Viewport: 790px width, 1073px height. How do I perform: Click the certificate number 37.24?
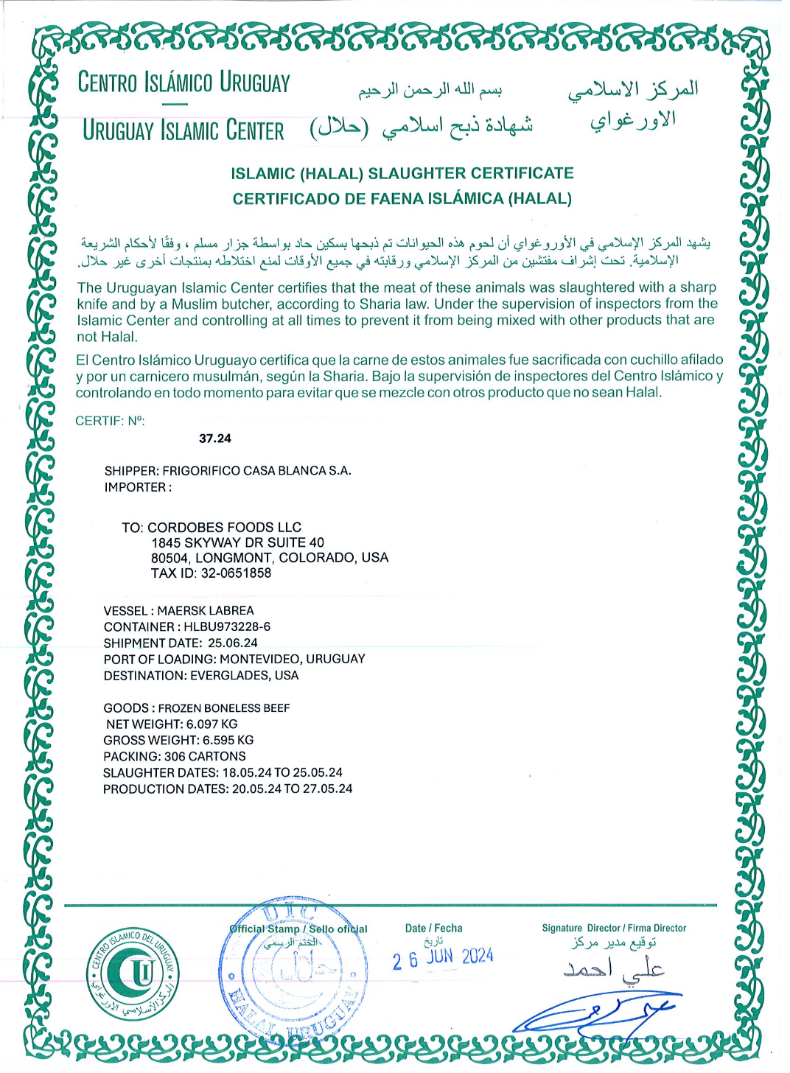[x=215, y=438]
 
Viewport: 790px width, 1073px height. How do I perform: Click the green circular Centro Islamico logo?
[x=134, y=974]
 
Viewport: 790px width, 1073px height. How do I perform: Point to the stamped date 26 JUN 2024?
[x=442, y=958]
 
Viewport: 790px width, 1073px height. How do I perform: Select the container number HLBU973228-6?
[x=227, y=627]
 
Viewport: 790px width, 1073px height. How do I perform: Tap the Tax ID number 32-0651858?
[x=236, y=573]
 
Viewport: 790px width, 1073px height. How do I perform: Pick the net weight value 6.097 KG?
[x=212, y=724]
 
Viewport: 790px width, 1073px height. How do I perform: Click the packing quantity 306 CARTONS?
[x=205, y=757]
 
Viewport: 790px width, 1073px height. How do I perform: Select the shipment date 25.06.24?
[x=233, y=643]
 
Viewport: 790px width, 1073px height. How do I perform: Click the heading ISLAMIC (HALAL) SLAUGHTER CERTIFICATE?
[x=402, y=174]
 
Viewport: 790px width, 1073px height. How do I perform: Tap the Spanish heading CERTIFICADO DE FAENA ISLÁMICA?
[x=402, y=199]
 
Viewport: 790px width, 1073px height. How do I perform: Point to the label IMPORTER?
[x=137, y=488]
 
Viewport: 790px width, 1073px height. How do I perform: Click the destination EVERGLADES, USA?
[x=245, y=676]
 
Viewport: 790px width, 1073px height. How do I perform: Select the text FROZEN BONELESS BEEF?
[x=224, y=708]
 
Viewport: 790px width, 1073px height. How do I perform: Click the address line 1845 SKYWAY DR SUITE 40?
[x=237, y=542]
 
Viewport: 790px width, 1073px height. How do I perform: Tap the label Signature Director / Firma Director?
[x=614, y=929]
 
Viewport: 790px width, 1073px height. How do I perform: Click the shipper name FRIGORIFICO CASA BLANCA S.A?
[x=256, y=471]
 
